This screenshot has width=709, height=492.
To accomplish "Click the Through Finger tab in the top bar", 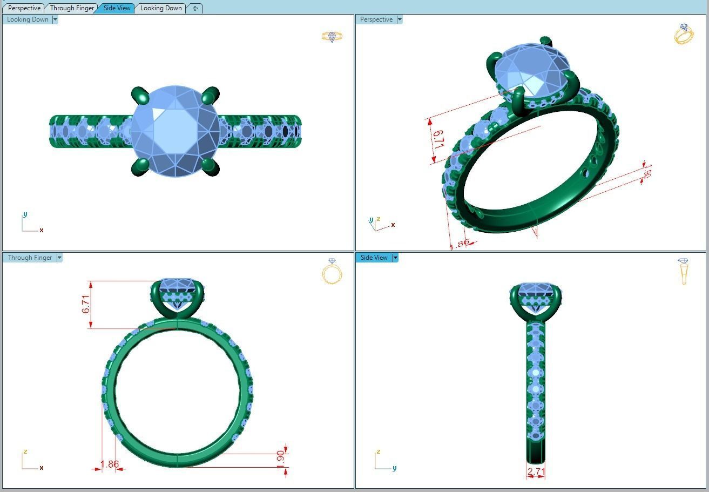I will [x=72, y=8].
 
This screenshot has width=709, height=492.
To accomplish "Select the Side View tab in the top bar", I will [x=117, y=8].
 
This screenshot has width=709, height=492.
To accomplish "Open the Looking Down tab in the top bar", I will [x=161, y=8].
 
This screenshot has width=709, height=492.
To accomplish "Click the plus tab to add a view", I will [x=195, y=8].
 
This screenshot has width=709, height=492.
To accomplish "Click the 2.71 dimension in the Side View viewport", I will [x=536, y=471].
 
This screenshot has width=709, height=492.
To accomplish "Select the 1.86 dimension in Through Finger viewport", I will [x=110, y=464].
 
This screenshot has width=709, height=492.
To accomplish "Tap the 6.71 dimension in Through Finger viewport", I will [x=86, y=304].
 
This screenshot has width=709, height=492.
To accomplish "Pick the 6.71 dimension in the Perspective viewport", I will [x=438, y=139].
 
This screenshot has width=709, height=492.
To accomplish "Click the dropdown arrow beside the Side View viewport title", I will [x=395, y=258].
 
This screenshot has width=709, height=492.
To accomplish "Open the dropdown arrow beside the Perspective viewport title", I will [x=400, y=19].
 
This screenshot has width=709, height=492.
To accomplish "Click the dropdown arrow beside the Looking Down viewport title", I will [x=55, y=19].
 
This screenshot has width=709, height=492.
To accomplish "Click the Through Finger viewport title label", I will [x=30, y=258].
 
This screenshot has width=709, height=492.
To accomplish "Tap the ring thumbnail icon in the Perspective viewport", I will [x=684, y=34].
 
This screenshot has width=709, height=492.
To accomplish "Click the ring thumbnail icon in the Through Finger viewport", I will [x=332, y=271].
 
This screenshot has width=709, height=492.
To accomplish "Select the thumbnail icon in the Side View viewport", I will [x=684, y=271].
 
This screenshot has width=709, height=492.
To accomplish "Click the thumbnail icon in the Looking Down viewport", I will [x=332, y=37].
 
